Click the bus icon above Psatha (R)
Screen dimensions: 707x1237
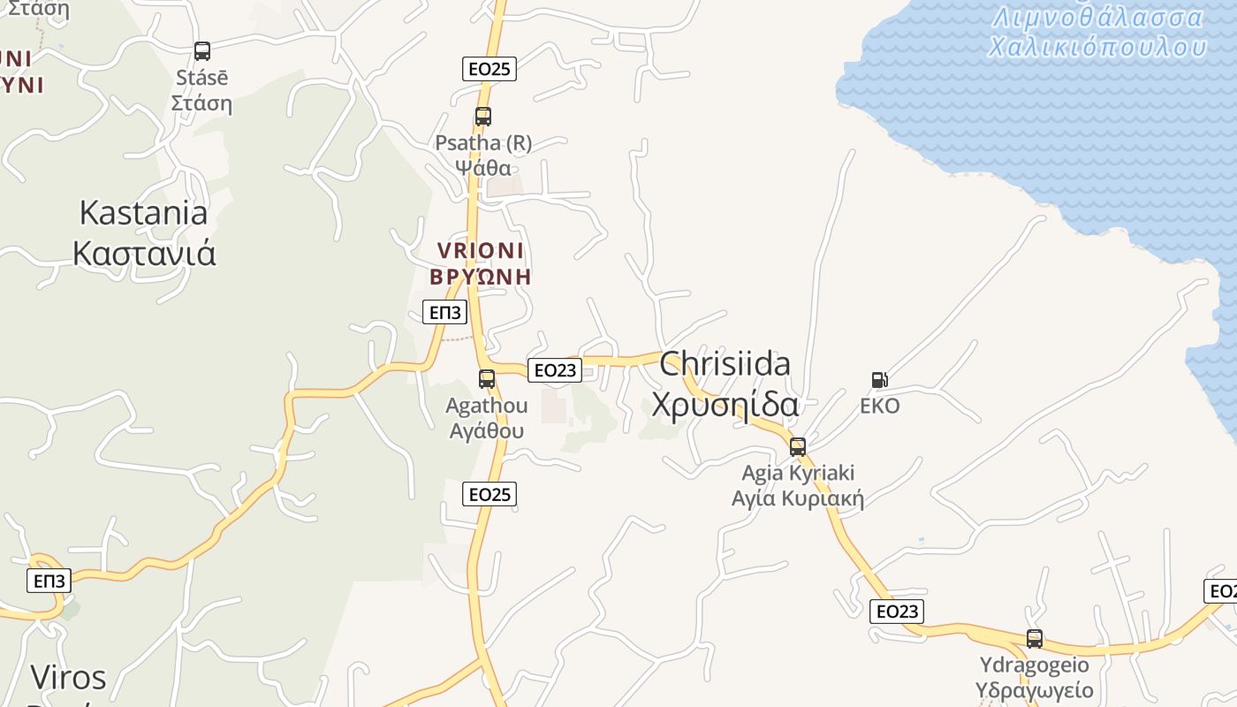pyautogui.click(x=482, y=116)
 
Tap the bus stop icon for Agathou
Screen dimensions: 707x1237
pyautogui.click(x=487, y=379)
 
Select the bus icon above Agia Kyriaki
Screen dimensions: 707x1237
pyautogui.click(x=798, y=446)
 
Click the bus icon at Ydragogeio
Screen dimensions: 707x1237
pyautogui.click(x=1035, y=638)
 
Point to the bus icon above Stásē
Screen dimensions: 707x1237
pyautogui.click(x=202, y=51)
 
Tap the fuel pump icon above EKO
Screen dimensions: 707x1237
pyautogui.click(x=879, y=380)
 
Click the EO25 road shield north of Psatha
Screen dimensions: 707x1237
pyautogui.click(x=489, y=69)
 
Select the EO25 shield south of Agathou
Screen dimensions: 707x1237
pyautogui.click(x=489, y=494)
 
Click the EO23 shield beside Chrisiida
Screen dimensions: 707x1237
pyautogui.click(x=555, y=370)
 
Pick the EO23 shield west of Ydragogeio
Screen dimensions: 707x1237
pyautogui.click(x=897, y=611)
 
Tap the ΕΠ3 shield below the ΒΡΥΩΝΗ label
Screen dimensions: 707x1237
pyautogui.click(x=444, y=312)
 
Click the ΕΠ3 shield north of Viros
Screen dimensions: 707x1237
pyautogui.click(x=49, y=581)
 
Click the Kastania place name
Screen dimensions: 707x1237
pyautogui.click(x=143, y=213)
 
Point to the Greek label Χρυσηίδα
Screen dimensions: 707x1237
pyautogui.click(x=725, y=405)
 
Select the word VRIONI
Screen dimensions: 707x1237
pyautogui.click(x=481, y=250)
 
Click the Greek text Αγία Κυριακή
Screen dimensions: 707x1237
pyautogui.click(x=798, y=498)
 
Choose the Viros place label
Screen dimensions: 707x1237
pyautogui.click(x=68, y=677)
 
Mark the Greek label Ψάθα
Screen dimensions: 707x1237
pyautogui.click(x=483, y=168)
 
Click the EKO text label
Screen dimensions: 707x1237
pyautogui.click(x=880, y=407)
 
